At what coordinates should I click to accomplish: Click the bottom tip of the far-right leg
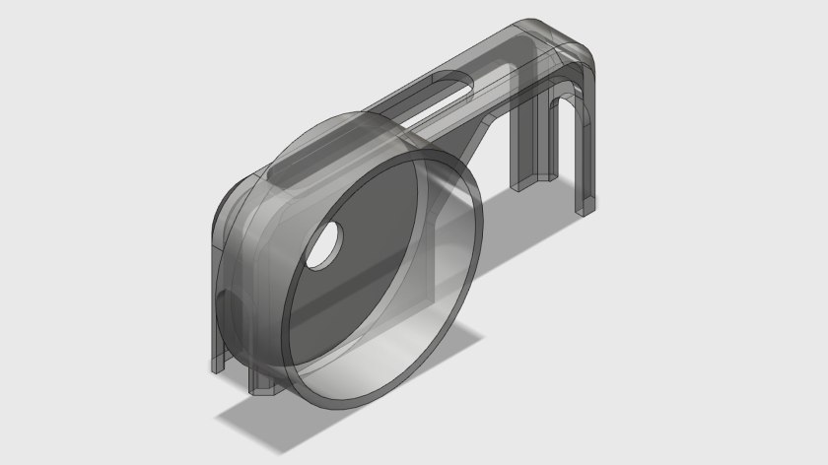click(x=586, y=209)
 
